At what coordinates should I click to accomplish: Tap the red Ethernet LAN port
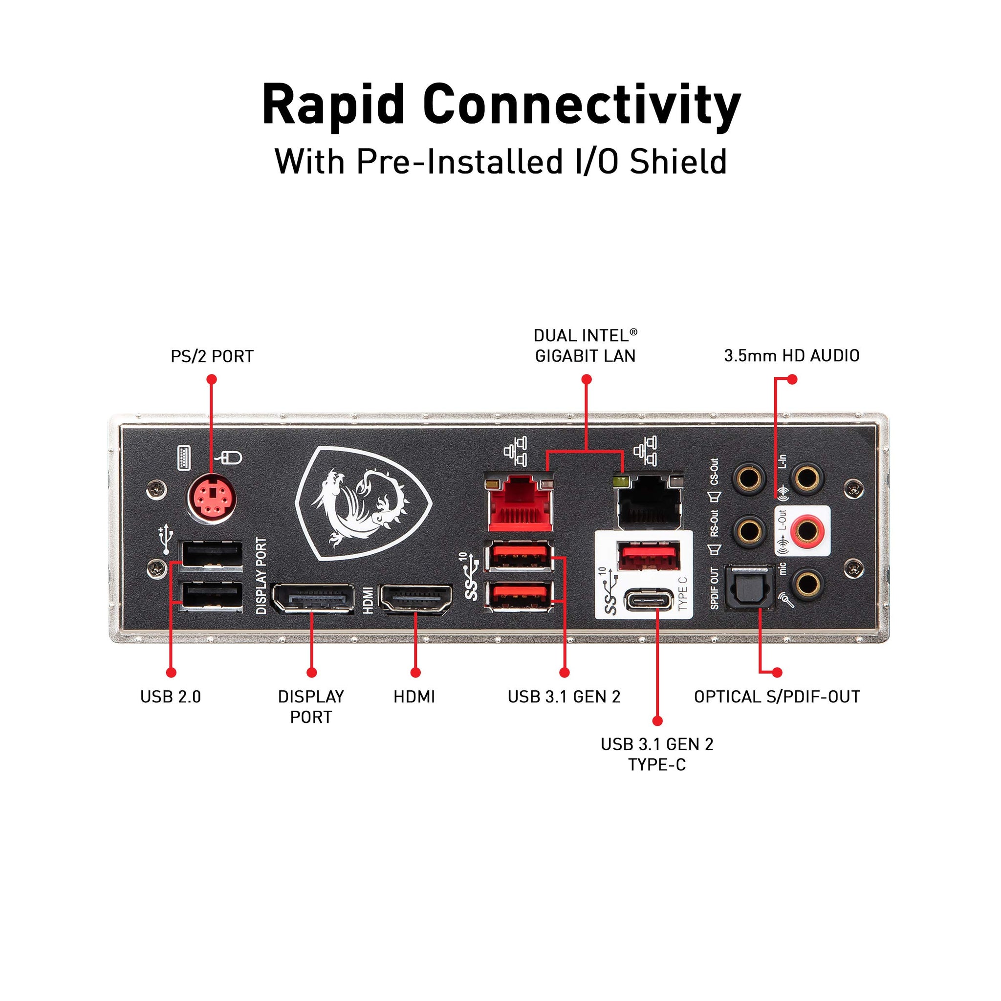pyautogui.click(x=519, y=503)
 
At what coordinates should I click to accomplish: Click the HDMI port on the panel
pyautogui.click(x=416, y=598)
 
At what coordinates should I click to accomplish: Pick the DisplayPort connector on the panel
pyautogui.click(x=312, y=598)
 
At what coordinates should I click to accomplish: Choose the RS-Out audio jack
pyautogui.click(x=749, y=530)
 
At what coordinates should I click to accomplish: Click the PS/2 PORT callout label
pyautogui.click(x=212, y=356)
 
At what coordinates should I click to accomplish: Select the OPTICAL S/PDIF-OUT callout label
pyautogui.click(x=777, y=697)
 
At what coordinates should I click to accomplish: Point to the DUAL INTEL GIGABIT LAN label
pyautogui.click(x=585, y=346)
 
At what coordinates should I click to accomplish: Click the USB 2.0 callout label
pyautogui.click(x=171, y=697)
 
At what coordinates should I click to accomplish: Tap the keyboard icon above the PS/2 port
pyautogui.click(x=184, y=457)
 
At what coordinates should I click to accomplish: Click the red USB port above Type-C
pyautogui.click(x=650, y=555)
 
